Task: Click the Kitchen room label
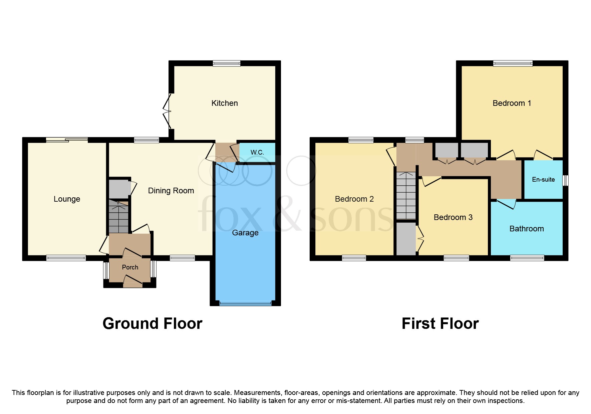point(225,103)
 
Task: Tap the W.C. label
point(257,152)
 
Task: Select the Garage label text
point(245,233)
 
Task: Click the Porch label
point(130,267)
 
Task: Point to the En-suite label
point(543,179)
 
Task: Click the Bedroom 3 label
point(453,217)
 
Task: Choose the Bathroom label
point(527,229)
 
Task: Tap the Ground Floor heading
point(152,324)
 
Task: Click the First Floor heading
point(440,324)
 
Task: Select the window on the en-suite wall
point(565,180)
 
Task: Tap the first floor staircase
point(406,196)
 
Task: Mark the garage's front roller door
point(245,303)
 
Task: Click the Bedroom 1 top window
point(513,63)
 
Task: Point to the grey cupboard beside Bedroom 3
point(406,239)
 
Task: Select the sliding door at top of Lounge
point(67,140)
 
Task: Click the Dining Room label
point(171,191)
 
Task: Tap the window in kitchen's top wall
point(227,63)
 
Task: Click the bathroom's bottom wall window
point(527,258)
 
